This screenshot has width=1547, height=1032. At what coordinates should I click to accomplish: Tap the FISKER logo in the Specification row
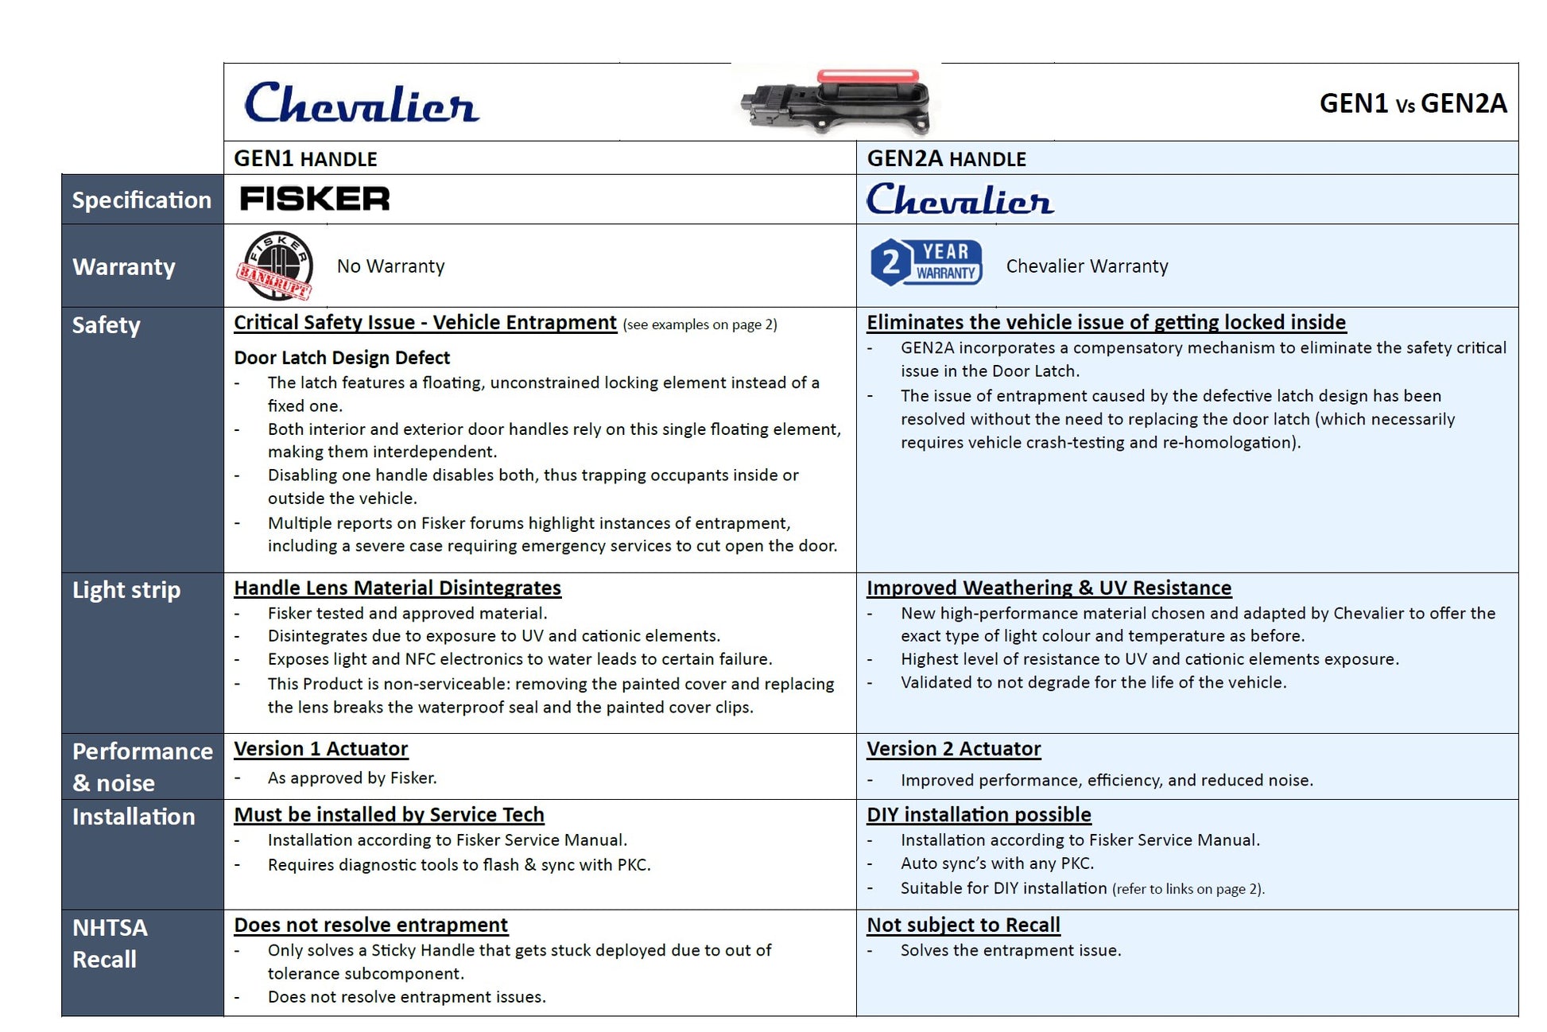[315, 199]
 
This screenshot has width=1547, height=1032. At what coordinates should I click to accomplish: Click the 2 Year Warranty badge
[926, 262]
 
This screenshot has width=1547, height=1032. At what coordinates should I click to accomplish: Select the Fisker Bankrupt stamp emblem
[275, 266]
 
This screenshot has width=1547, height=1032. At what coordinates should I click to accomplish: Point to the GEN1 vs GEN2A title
[1412, 103]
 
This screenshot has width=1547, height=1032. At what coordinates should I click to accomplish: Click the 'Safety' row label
[107, 325]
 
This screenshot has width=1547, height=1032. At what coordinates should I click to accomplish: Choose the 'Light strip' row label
[126, 590]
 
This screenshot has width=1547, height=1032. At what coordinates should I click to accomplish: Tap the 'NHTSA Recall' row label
[110, 944]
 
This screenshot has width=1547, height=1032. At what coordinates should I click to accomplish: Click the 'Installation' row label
[134, 817]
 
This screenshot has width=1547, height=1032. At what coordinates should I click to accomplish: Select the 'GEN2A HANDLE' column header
[946, 159]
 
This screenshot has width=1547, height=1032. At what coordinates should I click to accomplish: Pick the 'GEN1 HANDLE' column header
[305, 159]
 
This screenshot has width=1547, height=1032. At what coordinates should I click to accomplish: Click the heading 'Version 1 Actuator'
[320, 749]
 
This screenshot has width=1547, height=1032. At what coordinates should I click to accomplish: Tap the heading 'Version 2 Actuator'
[953, 749]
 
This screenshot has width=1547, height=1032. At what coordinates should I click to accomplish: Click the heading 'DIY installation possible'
[979, 815]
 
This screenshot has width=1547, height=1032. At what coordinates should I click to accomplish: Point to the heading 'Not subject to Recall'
[963, 925]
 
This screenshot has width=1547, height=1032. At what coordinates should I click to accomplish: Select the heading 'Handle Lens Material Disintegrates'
[397, 588]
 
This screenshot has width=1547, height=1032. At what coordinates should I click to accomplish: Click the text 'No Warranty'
[390, 266]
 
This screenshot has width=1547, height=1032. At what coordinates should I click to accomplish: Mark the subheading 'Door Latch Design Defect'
[342, 358]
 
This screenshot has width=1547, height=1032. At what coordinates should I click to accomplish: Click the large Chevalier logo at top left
[362, 104]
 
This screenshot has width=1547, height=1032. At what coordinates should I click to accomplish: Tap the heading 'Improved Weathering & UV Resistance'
[1049, 588]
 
